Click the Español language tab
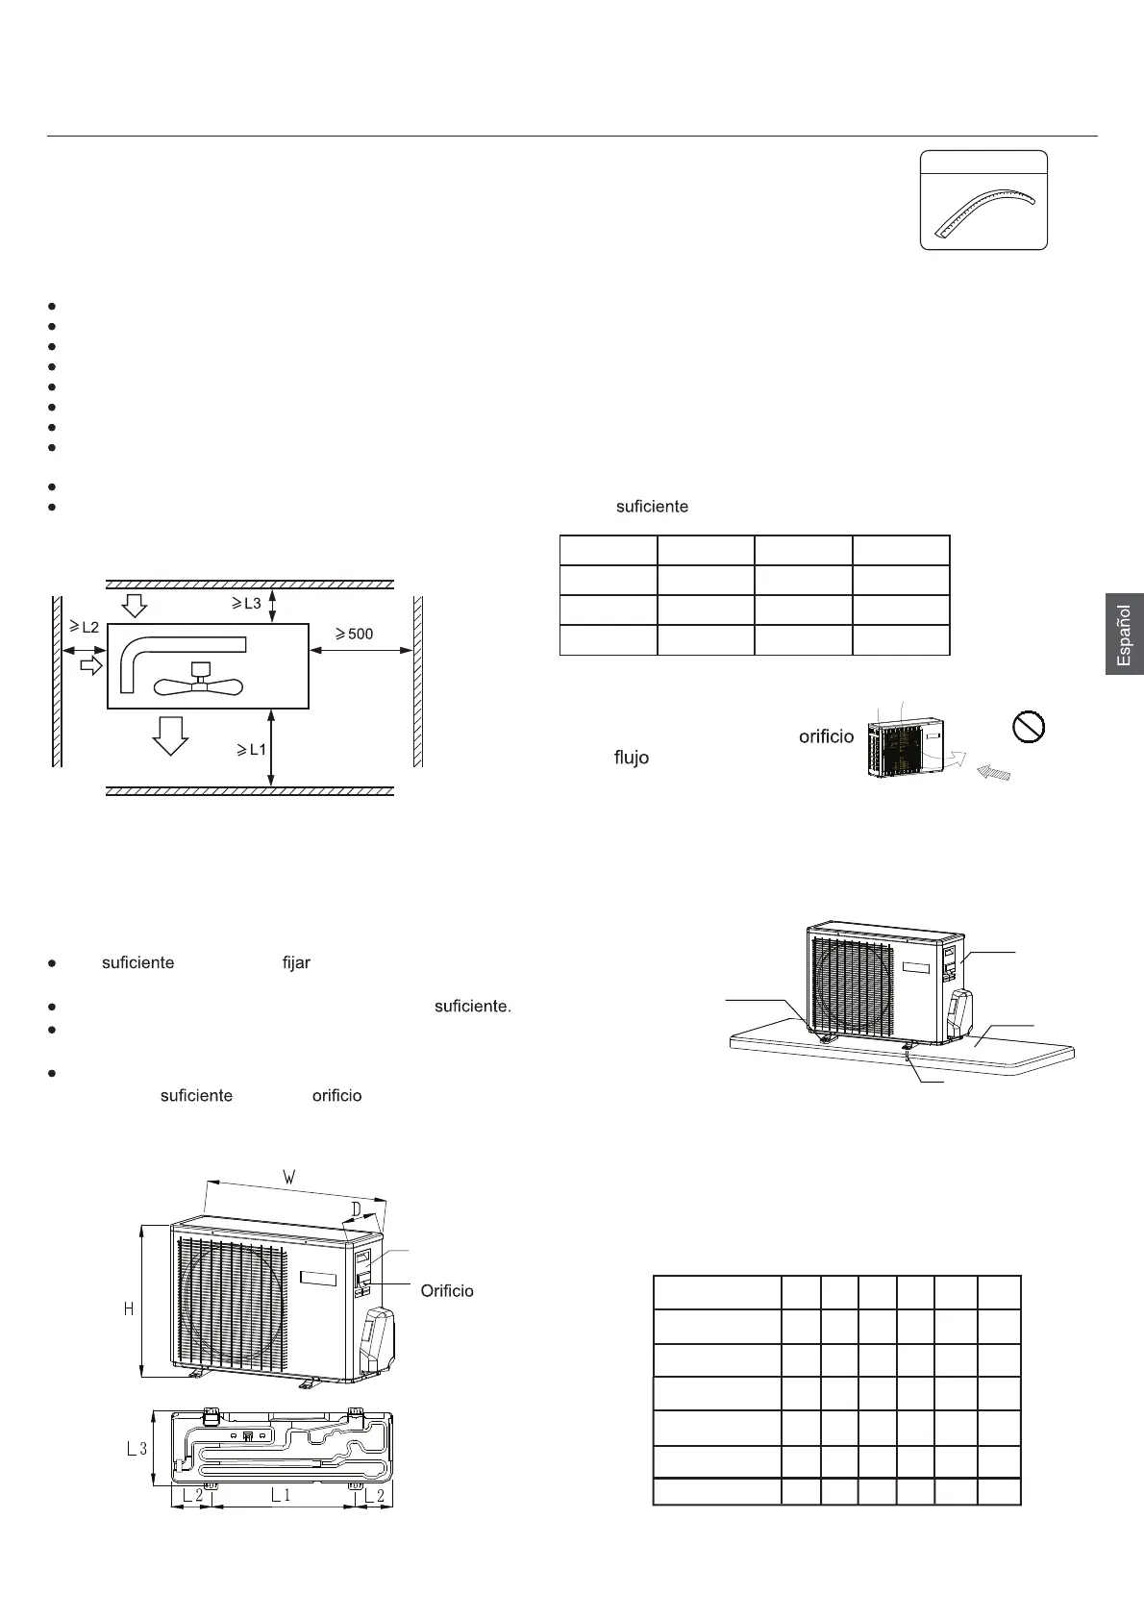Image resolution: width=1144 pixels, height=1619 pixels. pos(1124,634)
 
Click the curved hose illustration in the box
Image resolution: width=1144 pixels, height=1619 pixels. pos(984,212)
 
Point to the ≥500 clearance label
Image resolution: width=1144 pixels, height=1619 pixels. pos(354,634)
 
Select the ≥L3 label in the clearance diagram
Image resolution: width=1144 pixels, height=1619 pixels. pos(246,603)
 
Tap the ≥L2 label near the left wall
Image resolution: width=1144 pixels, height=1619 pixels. pos(84,627)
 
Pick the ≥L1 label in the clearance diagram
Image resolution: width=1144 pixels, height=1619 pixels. pos(252,749)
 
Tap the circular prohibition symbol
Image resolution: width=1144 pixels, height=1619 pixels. pos(1030,727)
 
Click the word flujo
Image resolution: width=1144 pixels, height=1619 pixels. pos(632,758)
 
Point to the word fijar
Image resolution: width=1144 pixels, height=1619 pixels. pos(296,962)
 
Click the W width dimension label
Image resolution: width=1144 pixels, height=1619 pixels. pos(288,1176)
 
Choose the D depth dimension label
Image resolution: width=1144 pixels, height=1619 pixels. pos(356,1208)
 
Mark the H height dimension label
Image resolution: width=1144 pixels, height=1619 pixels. pos(129,1308)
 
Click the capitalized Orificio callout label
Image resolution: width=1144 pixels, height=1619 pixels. pos(447,1290)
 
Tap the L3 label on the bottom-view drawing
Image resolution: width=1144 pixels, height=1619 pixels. pos(137,1449)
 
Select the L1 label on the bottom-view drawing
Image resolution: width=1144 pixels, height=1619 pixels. pos(281,1495)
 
